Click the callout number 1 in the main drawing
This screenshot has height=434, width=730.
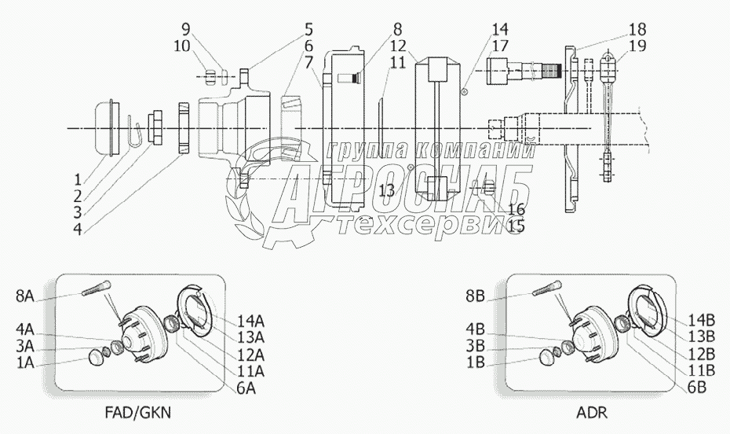(x=78, y=179)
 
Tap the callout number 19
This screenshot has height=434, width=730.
(x=637, y=46)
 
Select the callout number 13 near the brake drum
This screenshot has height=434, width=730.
(x=386, y=190)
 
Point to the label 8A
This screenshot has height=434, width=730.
(x=25, y=296)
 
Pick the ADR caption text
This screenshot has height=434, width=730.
(x=591, y=413)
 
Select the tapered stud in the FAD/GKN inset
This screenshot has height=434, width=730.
(x=96, y=289)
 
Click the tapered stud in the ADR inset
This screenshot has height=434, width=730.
(x=546, y=289)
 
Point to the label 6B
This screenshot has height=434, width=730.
(x=696, y=387)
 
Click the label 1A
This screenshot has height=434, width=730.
(x=25, y=363)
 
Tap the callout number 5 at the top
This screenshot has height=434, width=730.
(x=309, y=30)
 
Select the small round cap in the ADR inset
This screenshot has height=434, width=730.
(x=548, y=358)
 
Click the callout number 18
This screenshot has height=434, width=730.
(x=637, y=29)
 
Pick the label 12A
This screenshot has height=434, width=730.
(x=250, y=355)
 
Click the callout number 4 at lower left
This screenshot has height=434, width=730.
(x=78, y=230)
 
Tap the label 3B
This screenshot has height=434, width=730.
(x=476, y=345)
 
